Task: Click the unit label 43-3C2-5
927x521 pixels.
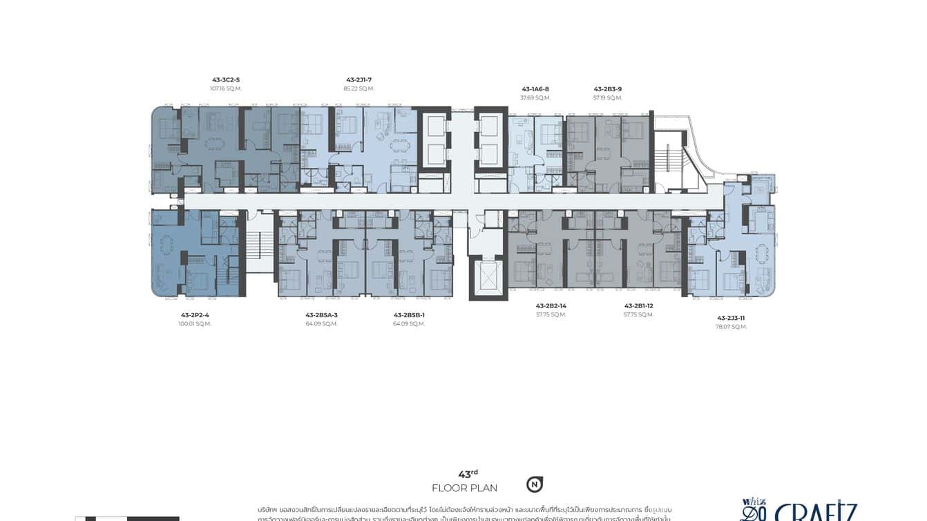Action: point(226,79)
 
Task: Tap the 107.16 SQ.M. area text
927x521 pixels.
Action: point(226,88)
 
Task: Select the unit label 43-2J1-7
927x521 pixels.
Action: point(359,79)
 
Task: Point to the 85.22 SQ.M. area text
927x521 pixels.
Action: point(359,88)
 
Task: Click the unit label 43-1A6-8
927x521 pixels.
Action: point(535,89)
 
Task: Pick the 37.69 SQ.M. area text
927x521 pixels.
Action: point(535,98)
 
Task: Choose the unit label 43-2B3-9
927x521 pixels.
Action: point(608,89)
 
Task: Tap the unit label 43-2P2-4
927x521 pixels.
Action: point(195,315)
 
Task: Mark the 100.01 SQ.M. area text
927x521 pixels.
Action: point(195,324)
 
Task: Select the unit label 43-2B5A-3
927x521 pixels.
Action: point(322,315)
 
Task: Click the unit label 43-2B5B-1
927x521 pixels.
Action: point(409,315)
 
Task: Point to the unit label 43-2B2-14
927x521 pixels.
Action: point(551,305)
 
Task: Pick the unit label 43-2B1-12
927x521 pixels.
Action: point(639,305)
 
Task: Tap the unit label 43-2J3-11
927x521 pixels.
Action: point(732,318)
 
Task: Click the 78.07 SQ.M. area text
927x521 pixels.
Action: point(732,327)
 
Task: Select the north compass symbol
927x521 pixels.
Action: point(534,484)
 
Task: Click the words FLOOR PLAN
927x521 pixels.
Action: point(464,488)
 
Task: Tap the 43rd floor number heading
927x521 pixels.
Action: point(468,474)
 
